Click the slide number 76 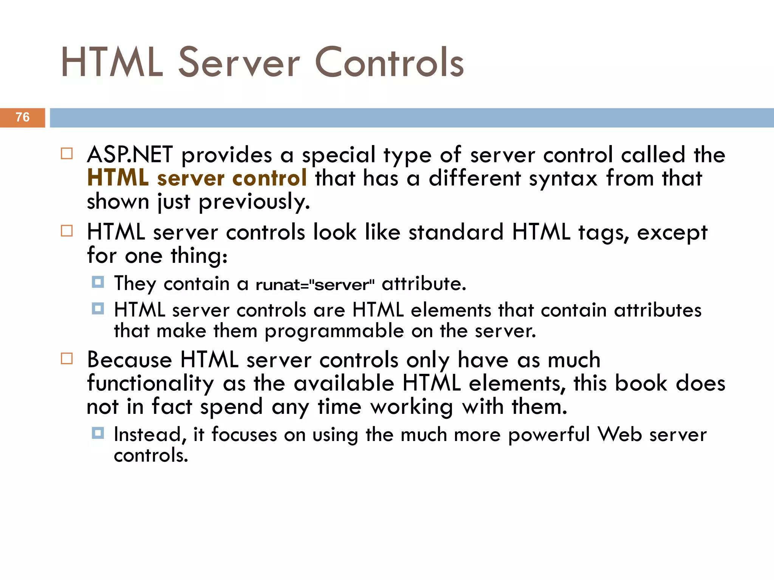[23, 117]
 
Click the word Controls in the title [389, 62]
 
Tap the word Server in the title [239, 62]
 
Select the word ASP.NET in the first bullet [130, 155]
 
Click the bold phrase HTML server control [197, 178]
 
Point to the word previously [254, 202]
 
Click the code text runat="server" [316, 284]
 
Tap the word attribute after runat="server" [424, 284]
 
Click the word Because [129, 359]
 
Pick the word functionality [150, 384]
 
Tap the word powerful [549, 435]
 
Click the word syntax [563, 179]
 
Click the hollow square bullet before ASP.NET [67, 154]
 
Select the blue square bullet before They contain [98, 282]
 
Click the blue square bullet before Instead [98, 433]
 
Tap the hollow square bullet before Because [67, 358]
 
